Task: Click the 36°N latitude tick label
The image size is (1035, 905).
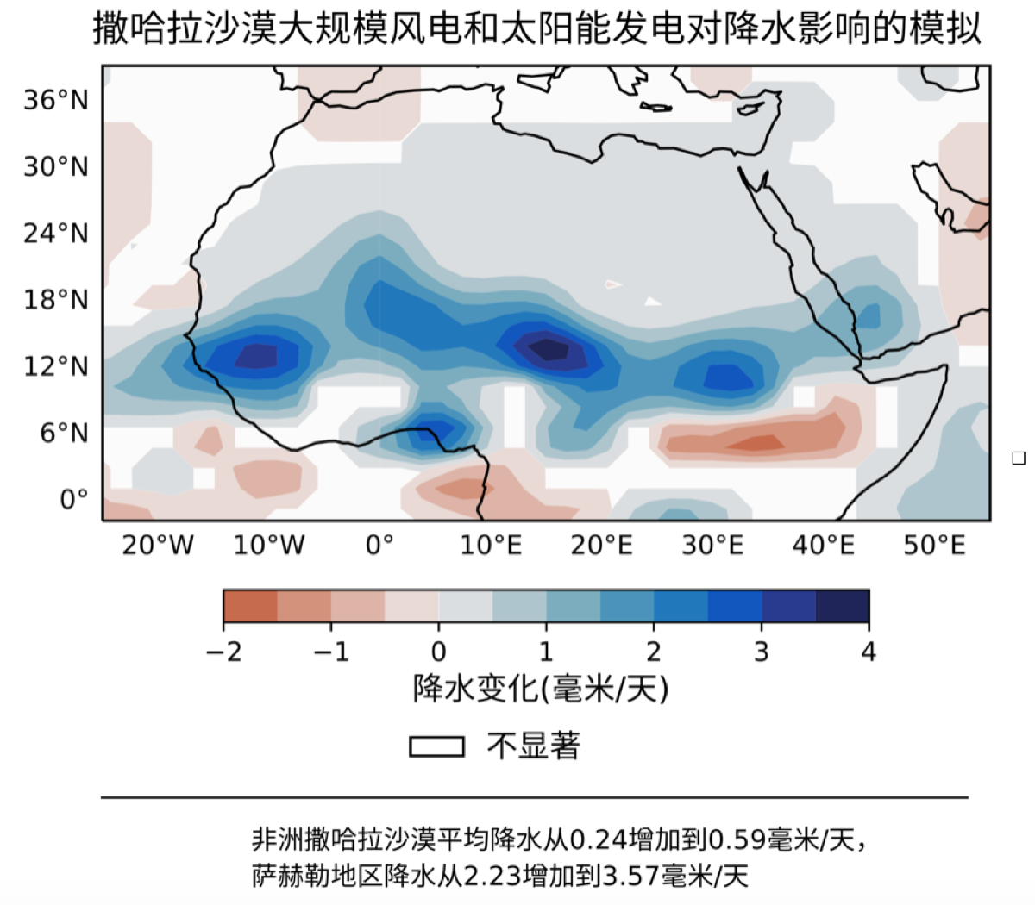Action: [56, 101]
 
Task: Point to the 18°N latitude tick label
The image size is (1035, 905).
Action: [56, 300]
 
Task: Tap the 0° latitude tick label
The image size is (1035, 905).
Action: [74, 499]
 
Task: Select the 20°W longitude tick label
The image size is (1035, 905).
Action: [158, 546]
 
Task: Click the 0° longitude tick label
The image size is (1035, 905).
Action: [379, 546]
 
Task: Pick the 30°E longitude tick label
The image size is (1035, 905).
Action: [712, 546]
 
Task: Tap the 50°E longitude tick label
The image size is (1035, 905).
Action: [934, 546]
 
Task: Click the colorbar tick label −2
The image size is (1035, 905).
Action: [224, 652]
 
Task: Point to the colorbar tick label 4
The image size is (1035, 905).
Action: [869, 652]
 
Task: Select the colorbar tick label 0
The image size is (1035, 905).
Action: [439, 652]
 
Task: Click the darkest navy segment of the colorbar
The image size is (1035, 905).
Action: [843, 606]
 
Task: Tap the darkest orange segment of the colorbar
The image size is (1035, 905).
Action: [250, 606]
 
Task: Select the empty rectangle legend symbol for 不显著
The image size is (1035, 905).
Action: [436, 746]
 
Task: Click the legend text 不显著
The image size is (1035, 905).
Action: [534, 746]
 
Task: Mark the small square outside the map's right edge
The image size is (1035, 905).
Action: [1019, 458]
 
